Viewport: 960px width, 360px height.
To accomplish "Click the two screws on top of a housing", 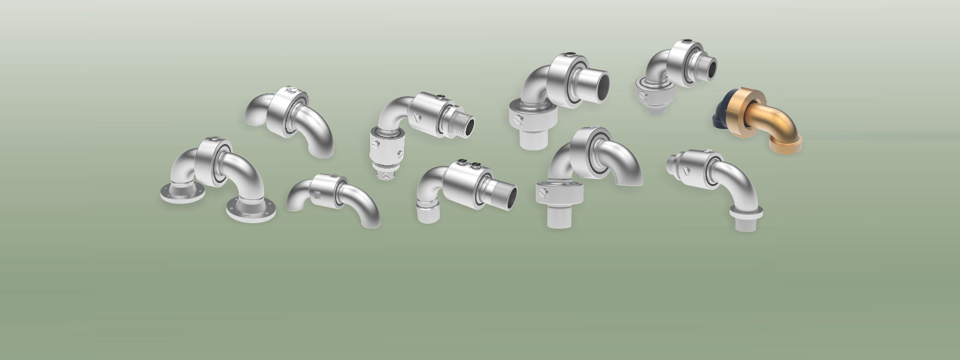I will (466, 163).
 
